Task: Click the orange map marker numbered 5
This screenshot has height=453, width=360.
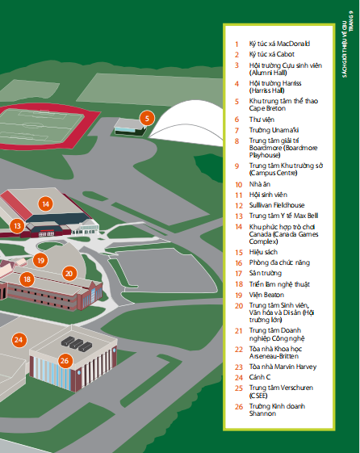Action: point(147,118)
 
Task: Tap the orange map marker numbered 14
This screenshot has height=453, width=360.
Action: point(46,204)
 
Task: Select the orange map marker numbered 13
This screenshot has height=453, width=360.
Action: point(17,225)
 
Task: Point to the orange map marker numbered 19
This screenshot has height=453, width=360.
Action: point(40,261)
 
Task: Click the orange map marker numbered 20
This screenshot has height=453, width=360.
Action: point(69,273)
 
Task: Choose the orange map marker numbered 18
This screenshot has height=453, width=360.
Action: point(27,279)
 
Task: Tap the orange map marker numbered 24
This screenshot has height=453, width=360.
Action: point(19,340)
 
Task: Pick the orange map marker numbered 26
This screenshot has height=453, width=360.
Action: point(65,361)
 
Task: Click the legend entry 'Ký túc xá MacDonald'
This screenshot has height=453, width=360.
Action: point(279,44)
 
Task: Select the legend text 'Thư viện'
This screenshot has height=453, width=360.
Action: point(262,120)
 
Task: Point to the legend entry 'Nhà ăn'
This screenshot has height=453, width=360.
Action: point(260,184)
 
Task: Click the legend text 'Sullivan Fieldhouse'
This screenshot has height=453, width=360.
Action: point(277,205)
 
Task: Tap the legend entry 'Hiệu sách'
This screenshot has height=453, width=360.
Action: point(263,252)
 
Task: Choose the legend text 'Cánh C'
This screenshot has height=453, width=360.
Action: point(260,377)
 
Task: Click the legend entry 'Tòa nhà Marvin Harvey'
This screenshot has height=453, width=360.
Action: point(283,367)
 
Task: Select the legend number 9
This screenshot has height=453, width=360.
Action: point(237,166)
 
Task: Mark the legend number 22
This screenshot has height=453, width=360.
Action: point(239,350)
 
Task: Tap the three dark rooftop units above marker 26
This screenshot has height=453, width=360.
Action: point(77,344)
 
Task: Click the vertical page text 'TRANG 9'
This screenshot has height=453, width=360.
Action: point(351,21)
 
